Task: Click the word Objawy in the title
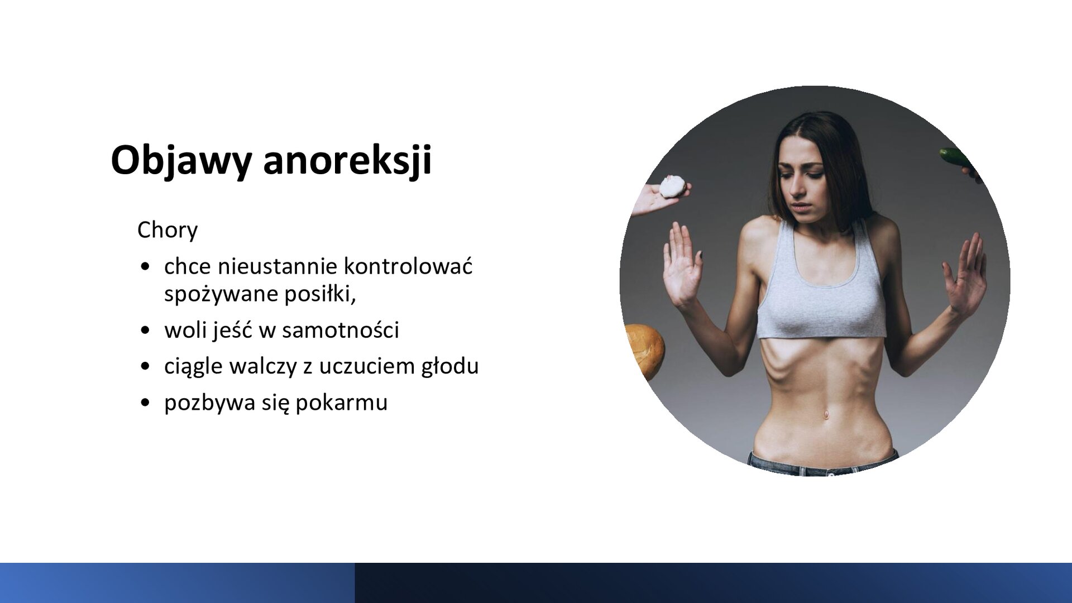(181, 161)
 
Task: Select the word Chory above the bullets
(167, 230)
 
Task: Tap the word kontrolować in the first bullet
(408, 266)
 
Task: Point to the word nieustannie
(276, 266)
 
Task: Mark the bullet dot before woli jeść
(145, 331)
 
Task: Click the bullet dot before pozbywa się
(145, 403)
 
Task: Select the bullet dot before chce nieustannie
(145, 267)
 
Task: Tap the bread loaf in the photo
(647, 351)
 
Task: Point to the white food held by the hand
(672, 186)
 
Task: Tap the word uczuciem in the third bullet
(366, 366)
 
